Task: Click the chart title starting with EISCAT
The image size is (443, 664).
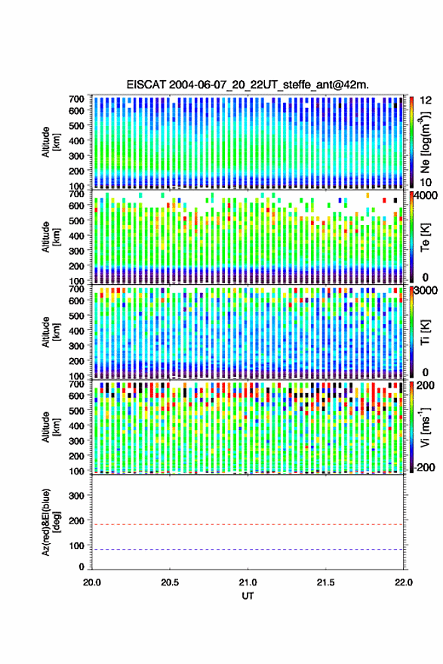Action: pos(248,85)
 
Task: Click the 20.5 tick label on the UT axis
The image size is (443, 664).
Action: pos(170,582)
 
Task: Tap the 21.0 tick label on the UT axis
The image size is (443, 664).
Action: pos(248,582)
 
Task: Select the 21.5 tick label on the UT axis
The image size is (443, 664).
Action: pos(325,582)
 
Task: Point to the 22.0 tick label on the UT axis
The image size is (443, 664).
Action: pos(403,582)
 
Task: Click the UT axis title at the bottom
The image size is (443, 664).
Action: pos(248,596)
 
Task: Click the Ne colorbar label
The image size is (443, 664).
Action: pos(425,142)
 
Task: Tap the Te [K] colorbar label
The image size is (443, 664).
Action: pos(425,237)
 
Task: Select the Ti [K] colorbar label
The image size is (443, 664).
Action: pos(425,332)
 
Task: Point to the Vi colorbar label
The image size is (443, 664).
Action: pos(425,427)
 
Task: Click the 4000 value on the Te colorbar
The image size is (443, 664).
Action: pos(426,195)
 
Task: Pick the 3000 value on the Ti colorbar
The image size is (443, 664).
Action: pos(426,290)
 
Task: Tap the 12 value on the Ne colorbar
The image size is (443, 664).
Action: pos(426,100)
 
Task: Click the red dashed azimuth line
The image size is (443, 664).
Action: pos(248,525)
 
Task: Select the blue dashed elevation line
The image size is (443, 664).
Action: pos(248,550)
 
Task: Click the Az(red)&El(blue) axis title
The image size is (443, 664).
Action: pos(51,522)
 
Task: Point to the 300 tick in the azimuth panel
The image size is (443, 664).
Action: pos(76,496)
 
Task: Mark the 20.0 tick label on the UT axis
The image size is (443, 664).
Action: pos(92,582)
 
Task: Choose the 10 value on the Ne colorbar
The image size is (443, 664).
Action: pos(426,182)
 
